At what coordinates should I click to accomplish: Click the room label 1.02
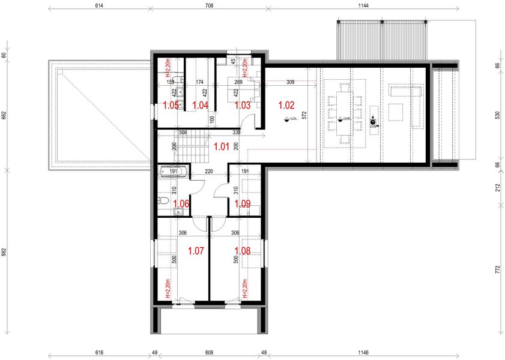(286, 105)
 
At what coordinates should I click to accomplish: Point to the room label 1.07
(196, 250)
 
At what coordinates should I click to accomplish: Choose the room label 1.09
(243, 204)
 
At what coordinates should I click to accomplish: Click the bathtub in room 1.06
(173, 171)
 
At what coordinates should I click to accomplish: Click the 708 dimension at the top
(208, 5)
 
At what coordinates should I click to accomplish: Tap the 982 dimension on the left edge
(4, 252)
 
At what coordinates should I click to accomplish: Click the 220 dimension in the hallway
(210, 171)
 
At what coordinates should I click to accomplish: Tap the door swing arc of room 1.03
(259, 120)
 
